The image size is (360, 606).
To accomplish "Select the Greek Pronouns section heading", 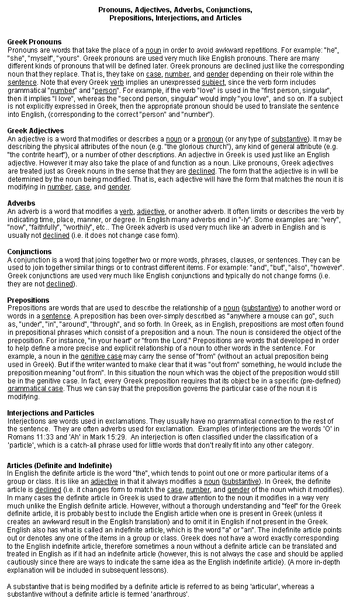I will point(34,42).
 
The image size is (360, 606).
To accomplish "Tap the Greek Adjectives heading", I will point(36,130).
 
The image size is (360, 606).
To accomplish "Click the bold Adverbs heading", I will point(21,203).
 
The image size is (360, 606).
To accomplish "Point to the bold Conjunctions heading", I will point(29,252).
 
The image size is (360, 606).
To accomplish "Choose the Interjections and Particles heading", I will point(50,413).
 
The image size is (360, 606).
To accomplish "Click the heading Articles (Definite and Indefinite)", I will point(59,465).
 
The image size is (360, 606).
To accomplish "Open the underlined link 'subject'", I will point(213,91).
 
